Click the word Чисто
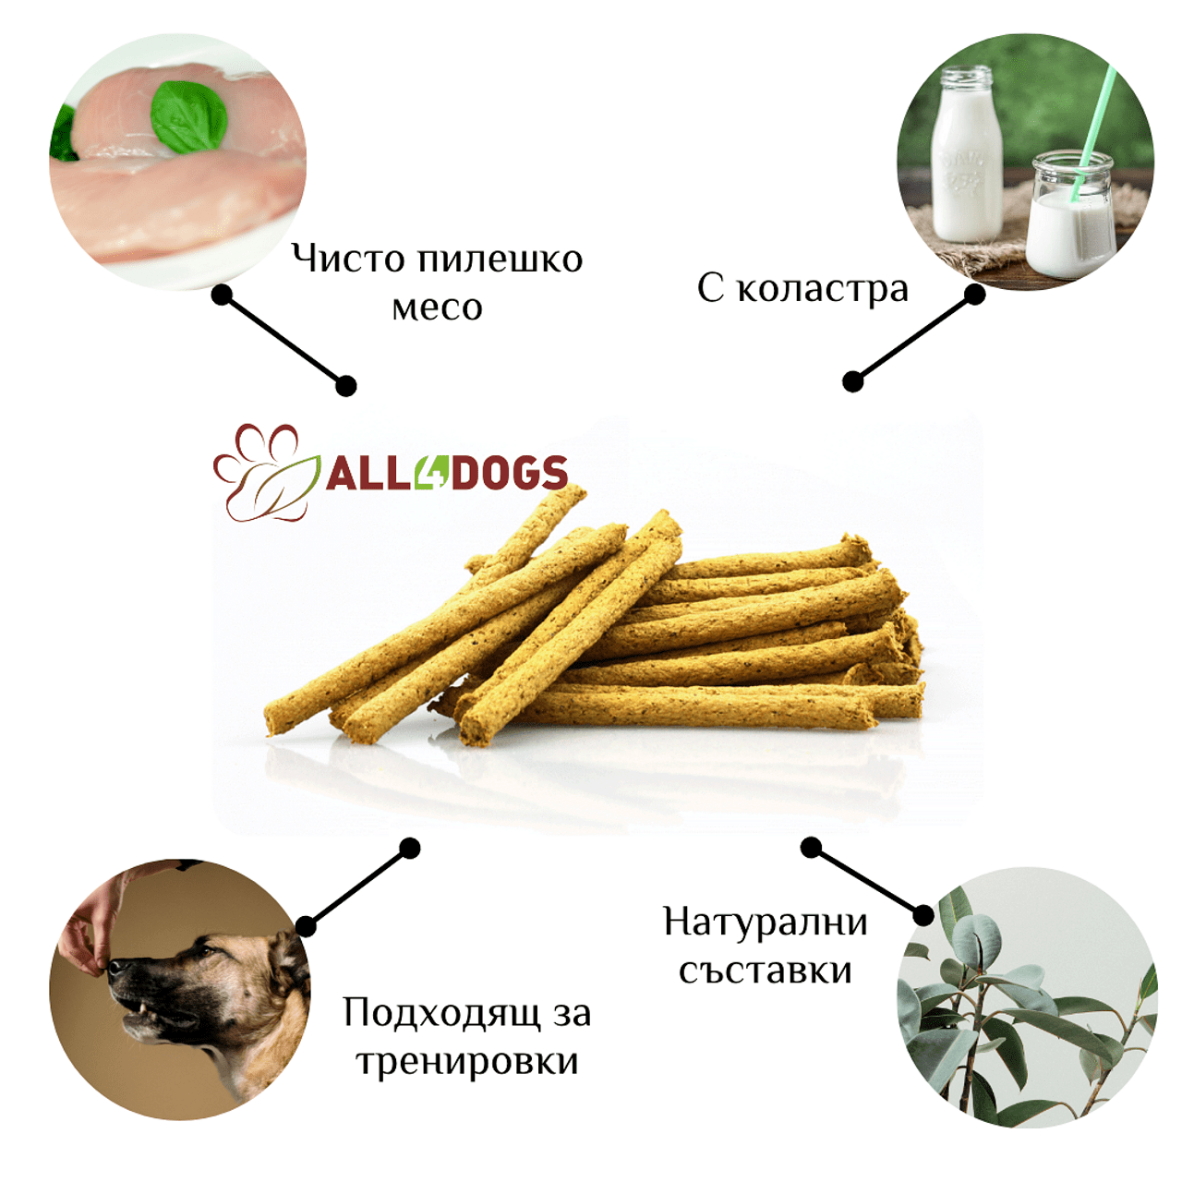(348, 259)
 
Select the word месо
(438, 308)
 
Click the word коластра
(823, 290)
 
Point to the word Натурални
(766, 923)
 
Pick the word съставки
(766, 971)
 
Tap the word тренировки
(467, 1062)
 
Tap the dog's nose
(116, 967)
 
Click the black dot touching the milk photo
(974, 295)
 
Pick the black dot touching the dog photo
(306, 926)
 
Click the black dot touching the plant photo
(923, 916)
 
